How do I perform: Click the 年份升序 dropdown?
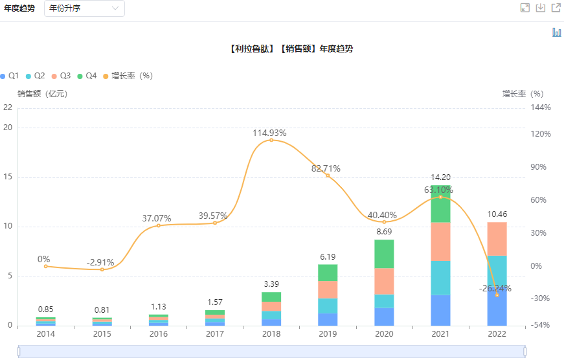[x=84, y=8]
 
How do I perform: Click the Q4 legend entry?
[x=86, y=76]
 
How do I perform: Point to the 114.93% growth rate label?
[x=269, y=133]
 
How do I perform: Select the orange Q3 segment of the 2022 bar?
[x=497, y=239]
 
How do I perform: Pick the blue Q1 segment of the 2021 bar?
[x=441, y=310]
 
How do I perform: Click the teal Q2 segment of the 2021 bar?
[x=441, y=278]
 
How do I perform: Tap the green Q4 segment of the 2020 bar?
[x=385, y=254]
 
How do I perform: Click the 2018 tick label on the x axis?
[x=271, y=334]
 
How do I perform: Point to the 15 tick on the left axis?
[x=8, y=177]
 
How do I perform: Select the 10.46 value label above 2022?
[x=497, y=214]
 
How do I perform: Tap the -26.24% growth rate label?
[x=495, y=288]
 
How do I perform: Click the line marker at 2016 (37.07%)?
[x=159, y=225]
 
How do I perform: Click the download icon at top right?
[x=541, y=8]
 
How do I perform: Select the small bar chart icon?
[x=556, y=32]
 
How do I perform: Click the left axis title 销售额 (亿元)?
[x=43, y=93]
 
